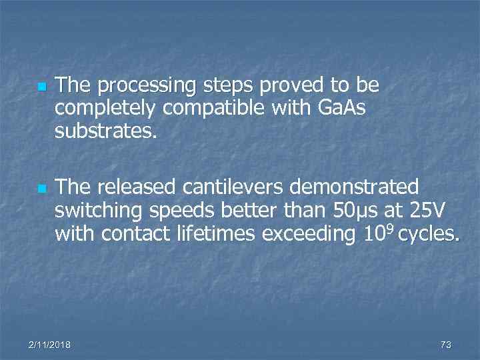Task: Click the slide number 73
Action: pos(446,345)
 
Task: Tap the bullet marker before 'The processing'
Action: pos(40,87)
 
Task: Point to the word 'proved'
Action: pos(288,86)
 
